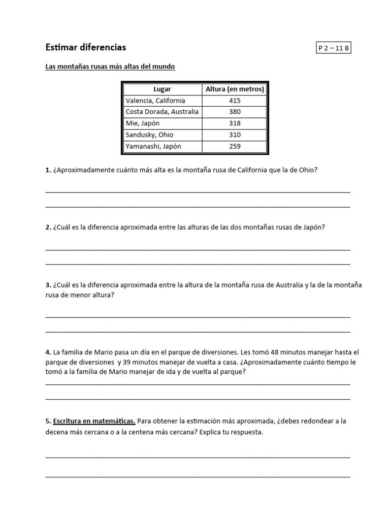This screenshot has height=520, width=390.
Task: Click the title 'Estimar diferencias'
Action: [86, 47]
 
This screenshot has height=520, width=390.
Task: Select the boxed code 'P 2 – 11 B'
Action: [334, 48]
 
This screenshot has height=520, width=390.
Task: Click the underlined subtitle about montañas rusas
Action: [110, 67]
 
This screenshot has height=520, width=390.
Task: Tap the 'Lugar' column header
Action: [162, 89]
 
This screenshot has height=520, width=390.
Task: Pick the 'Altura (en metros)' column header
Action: [235, 89]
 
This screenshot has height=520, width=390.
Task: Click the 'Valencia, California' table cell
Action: [155, 101]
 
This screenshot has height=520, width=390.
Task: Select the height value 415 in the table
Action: [235, 101]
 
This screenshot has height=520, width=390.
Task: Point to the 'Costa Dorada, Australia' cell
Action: [162, 112]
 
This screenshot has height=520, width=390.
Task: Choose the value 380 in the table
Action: [235, 112]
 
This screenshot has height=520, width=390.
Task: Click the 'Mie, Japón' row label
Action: [142, 123]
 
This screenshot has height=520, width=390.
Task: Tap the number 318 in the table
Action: [235, 123]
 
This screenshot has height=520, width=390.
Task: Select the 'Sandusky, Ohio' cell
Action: [149, 135]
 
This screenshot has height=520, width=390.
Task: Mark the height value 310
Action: [235, 135]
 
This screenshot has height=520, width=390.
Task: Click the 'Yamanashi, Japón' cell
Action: [153, 146]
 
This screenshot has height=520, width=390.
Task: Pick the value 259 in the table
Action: [235, 146]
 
